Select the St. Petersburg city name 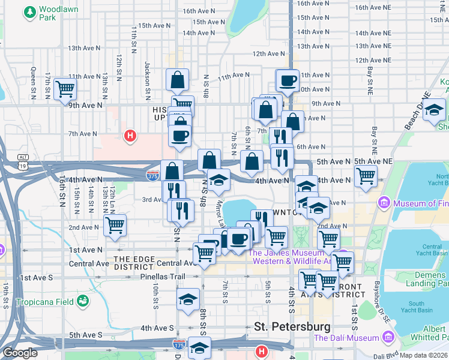click(292, 327)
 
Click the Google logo click(20, 353)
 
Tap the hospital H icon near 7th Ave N click(129, 136)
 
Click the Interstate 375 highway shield click(152, 175)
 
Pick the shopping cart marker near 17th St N click(64, 89)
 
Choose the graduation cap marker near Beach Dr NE click(435, 109)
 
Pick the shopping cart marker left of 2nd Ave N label click(114, 226)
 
